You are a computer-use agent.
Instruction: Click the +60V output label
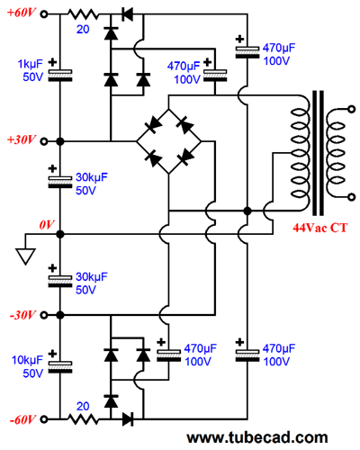pyautogui.click(x=22, y=13)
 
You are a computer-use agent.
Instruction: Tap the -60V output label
pyautogui.click(x=22, y=419)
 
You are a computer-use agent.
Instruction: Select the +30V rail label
pyautogui.click(x=22, y=139)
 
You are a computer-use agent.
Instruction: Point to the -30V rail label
pyautogui.click(x=22, y=315)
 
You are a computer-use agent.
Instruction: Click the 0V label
pyautogui.click(x=47, y=224)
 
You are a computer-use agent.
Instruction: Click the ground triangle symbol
pyautogui.click(x=25, y=256)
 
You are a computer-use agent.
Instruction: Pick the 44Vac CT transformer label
pyautogui.click(x=320, y=228)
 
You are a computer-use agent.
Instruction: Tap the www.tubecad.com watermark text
pyautogui.click(x=257, y=437)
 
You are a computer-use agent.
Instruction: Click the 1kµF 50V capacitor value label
pyautogui.click(x=31, y=70)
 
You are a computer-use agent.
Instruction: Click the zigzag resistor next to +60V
pyautogui.click(x=83, y=14)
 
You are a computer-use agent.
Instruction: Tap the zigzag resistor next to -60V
pyautogui.click(x=83, y=419)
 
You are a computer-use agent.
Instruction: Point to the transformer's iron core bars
pyautogui.click(x=318, y=153)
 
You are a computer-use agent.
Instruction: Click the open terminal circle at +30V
pyautogui.click(x=44, y=141)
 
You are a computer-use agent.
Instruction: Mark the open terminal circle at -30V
pyautogui.click(x=44, y=315)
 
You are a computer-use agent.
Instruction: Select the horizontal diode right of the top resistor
pyautogui.click(x=128, y=14)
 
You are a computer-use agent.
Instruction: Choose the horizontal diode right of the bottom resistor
pyautogui.click(x=128, y=419)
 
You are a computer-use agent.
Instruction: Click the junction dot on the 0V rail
pyautogui.click(x=60, y=234)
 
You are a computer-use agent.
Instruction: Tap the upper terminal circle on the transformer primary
pyautogui.click(x=351, y=110)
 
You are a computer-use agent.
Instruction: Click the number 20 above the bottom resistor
pyautogui.click(x=83, y=406)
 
